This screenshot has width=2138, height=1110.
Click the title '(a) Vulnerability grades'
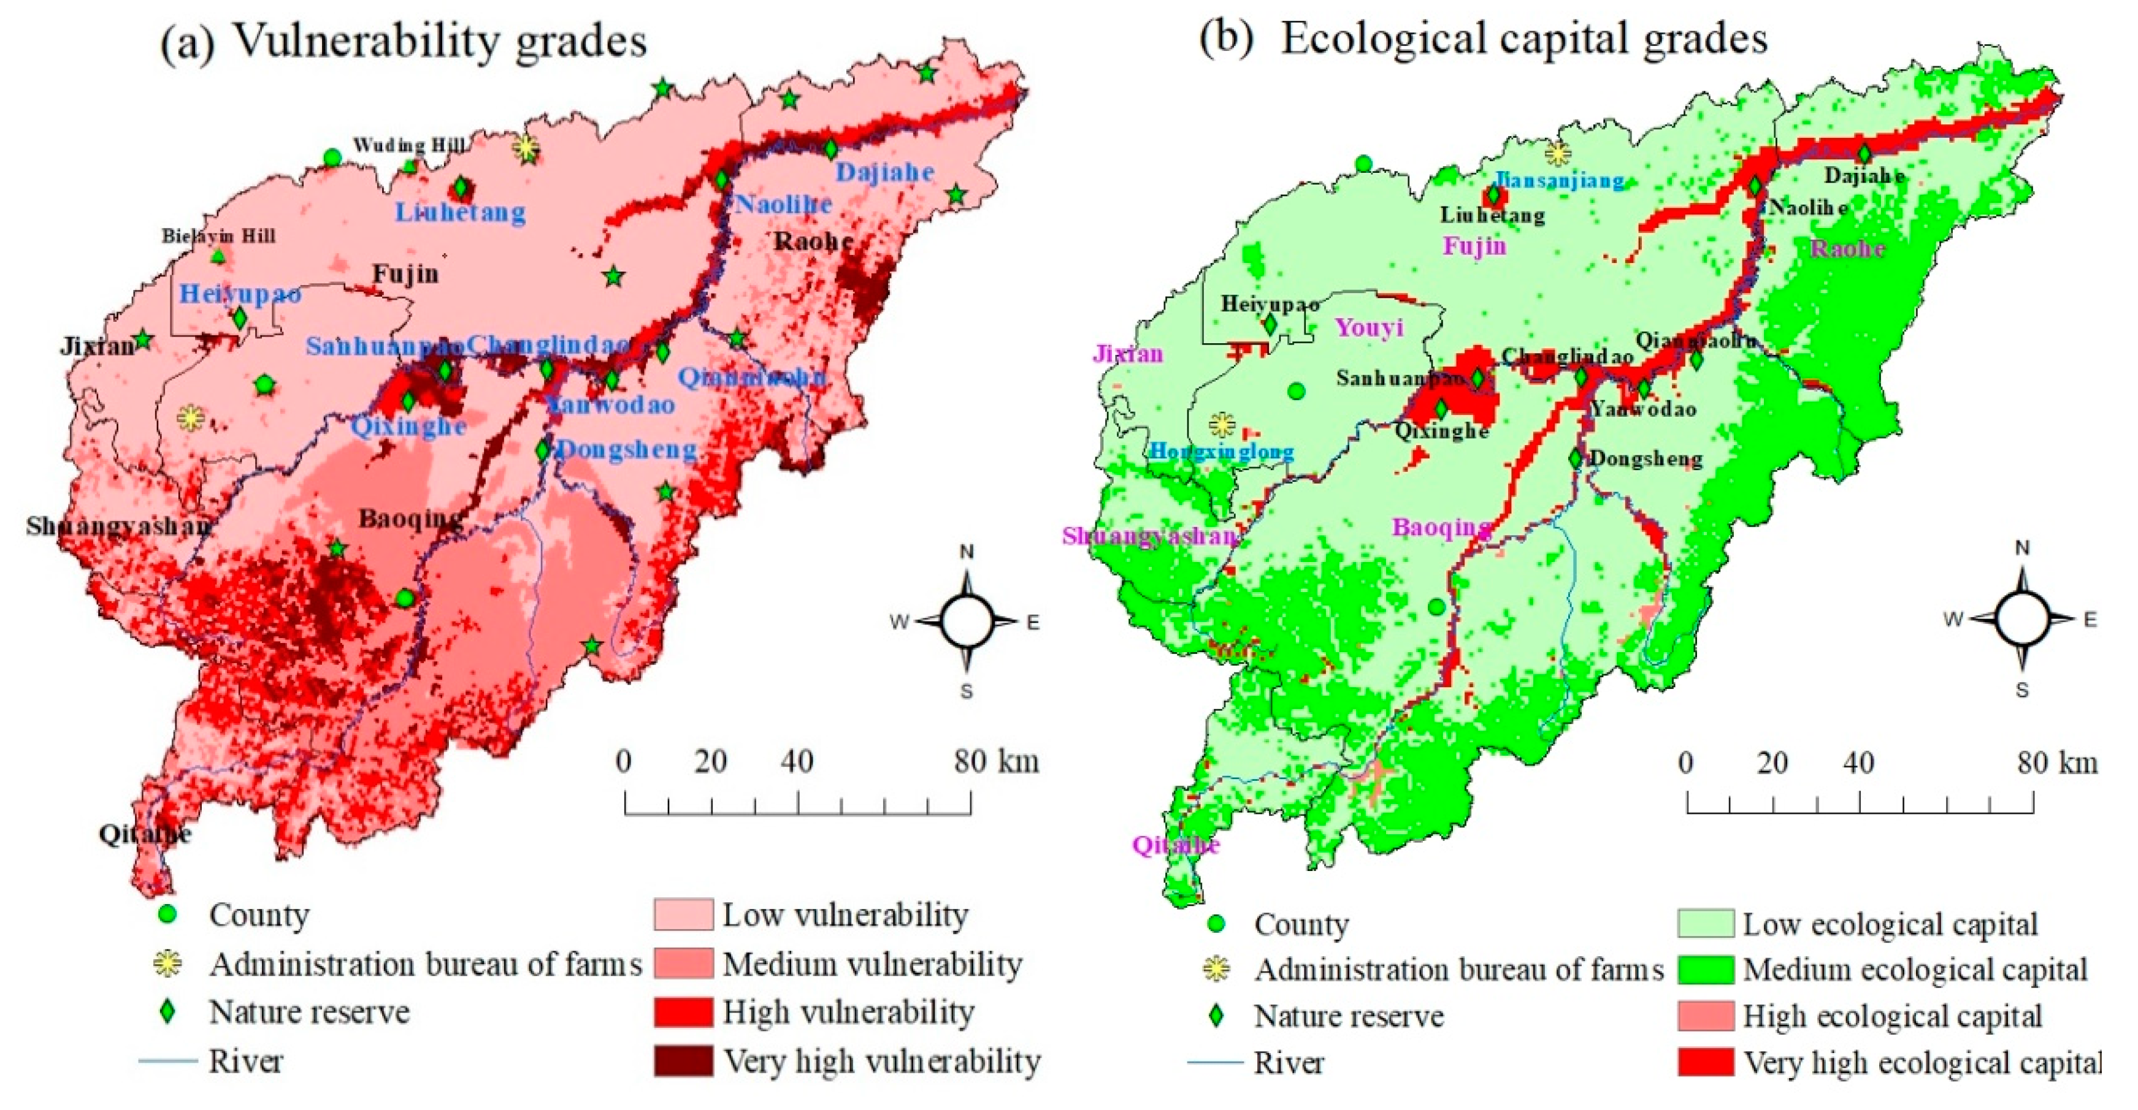pyautogui.click(x=404, y=40)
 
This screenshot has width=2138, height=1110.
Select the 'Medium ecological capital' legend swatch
pyautogui.click(x=1705, y=970)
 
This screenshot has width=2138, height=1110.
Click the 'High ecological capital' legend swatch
pyautogui.click(x=1705, y=1016)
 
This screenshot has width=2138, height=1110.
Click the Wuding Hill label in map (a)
pyautogui.click(x=408, y=146)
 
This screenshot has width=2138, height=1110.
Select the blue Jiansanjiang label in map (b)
pyautogui.click(x=1558, y=180)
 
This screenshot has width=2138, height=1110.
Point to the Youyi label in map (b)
pyautogui.click(x=1369, y=328)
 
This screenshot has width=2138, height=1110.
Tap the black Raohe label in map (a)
pyautogui.click(x=813, y=241)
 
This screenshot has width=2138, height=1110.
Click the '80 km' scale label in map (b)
pyautogui.click(x=2056, y=762)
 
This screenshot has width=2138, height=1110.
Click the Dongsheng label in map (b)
pyautogui.click(x=1645, y=458)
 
